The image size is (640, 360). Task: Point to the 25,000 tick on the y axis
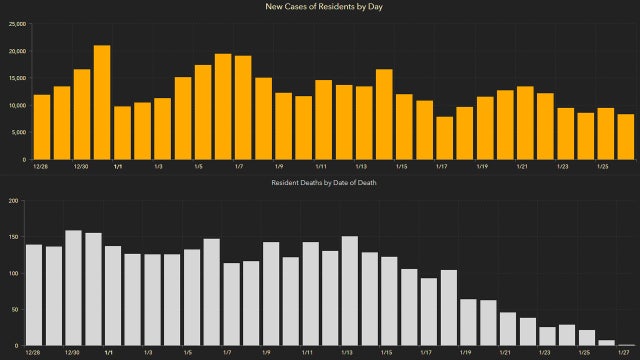15,24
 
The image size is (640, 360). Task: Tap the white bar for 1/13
350,291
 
